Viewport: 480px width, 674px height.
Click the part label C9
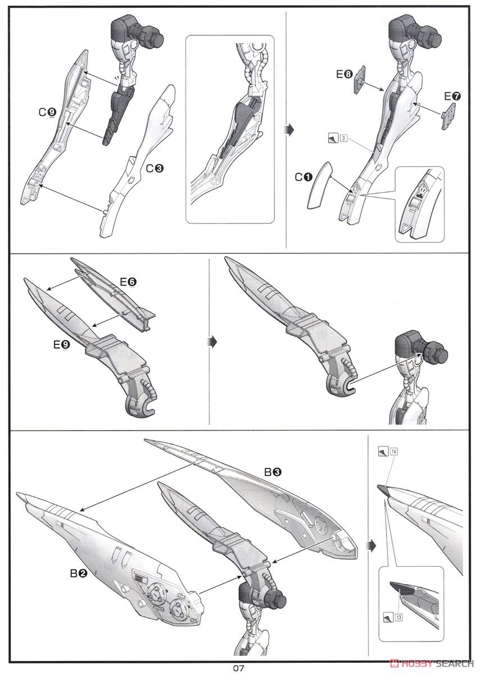(x=47, y=112)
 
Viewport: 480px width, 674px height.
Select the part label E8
(x=345, y=74)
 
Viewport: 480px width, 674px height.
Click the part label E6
(x=128, y=283)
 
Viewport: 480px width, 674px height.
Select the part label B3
(x=273, y=473)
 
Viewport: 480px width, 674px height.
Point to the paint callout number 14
(x=391, y=450)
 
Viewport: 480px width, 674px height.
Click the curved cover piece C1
(x=318, y=186)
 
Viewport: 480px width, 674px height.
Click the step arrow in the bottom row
(x=370, y=544)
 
